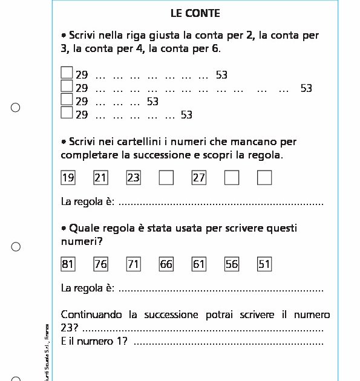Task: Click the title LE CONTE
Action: pyautogui.click(x=195, y=13)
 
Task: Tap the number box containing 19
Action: pyautogui.click(x=68, y=178)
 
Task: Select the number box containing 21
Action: pyautogui.click(x=101, y=178)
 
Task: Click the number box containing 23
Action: pyautogui.click(x=134, y=178)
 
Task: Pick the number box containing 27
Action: pyautogui.click(x=199, y=178)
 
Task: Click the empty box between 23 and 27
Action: pyautogui.click(x=166, y=178)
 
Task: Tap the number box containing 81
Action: pyautogui.click(x=68, y=264)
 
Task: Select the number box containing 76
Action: pyautogui.click(x=101, y=264)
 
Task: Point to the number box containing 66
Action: pyautogui.click(x=166, y=264)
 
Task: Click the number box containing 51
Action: pyautogui.click(x=264, y=264)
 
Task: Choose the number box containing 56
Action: pyautogui.click(x=232, y=264)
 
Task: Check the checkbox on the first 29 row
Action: pyautogui.click(x=67, y=73)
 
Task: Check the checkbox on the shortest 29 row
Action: pyautogui.click(x=67, y=100)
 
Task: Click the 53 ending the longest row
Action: pyautogui.click(x=306, y=88)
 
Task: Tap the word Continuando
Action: pyautogui.click(x=91, y=315)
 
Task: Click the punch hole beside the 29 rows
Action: pyautogui.click(x=16, y=108)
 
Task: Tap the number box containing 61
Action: pyautogui.click(x=199, y=264)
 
